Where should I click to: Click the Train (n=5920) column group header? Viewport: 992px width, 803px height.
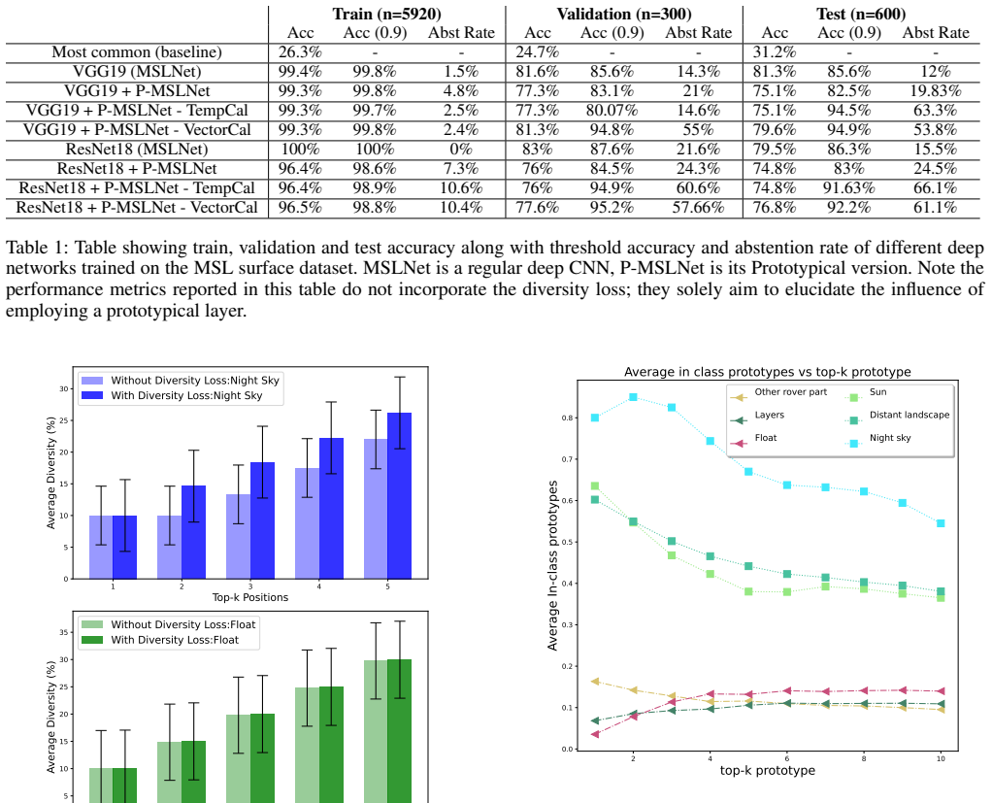tap(386, 14)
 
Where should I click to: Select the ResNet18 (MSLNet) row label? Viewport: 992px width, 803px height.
tap(137, 150)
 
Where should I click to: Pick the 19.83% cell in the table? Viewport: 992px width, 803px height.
tap(935, 91)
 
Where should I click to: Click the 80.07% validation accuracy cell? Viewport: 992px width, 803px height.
tap(612, 111)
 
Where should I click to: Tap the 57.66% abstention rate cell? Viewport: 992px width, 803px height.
tap(698, 208)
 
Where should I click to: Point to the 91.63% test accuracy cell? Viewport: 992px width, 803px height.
tap(849, 188)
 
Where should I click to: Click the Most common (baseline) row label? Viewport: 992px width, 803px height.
tap(137, 52)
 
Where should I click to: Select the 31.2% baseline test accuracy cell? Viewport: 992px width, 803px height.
tap(775, 52)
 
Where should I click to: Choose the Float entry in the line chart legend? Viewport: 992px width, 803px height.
tap(753, 439)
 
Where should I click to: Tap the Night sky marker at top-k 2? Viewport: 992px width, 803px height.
tap(633, 397)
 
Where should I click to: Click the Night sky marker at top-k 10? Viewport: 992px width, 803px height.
tap(941, 523)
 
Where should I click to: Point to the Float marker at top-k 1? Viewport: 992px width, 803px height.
tap(595, 734)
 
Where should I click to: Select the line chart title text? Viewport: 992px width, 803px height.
tap(768, 372)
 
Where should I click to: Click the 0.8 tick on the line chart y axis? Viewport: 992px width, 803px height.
tap(568, 418)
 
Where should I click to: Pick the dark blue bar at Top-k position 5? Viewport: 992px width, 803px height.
tap(400, 496)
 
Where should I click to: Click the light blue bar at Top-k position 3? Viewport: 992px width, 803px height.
tap(239, 537)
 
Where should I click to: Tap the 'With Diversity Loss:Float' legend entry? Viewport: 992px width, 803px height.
tap(161, 641)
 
